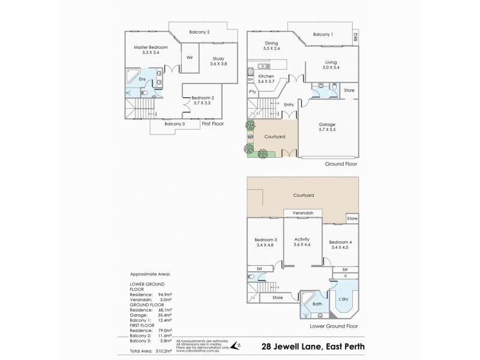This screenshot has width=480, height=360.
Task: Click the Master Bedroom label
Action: click(x=150, y=47)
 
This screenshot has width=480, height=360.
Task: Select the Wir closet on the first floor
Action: click(x=189, y=58)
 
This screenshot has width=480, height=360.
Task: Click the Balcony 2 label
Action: click(x=199, y=32)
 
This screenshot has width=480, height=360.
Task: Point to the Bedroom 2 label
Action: click(x=202, y=98)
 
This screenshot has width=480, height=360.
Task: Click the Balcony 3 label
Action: click(x=174, y=124)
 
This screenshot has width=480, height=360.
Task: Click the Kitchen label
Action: click(x=266, y=77)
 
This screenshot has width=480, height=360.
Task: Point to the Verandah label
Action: click(x=302, y=214)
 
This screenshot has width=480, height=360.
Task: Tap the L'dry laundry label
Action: click(x=344, y=299)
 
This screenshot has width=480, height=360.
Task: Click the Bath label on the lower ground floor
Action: click(x=317, y=304)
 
